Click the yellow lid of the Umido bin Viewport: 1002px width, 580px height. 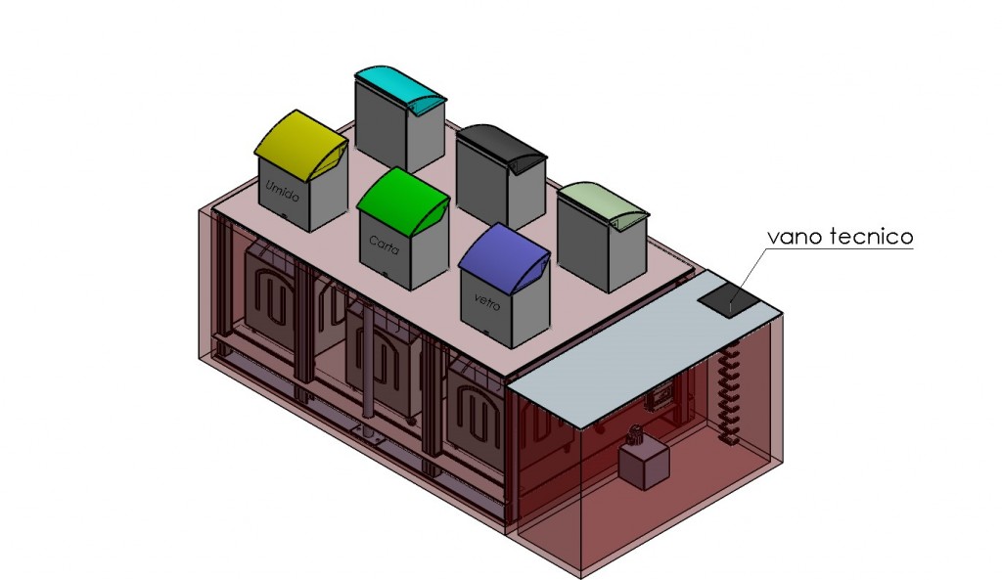pyautogui.click(x=299, y=145)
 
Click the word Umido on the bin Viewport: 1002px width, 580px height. pyautogui.click(x=282, y=191)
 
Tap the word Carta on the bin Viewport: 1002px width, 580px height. pyautogui.click(x=384, y=245)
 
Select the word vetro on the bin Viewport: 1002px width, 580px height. pyautogui.click(x=487, y=300)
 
